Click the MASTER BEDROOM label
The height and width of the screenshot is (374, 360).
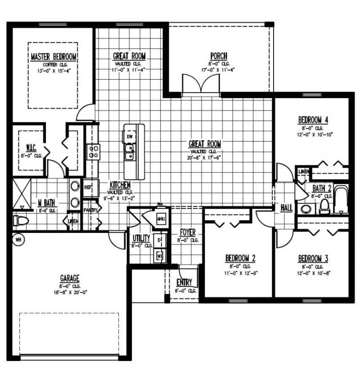click(54, 57)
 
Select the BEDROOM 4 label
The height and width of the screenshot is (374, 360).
click(313, 120)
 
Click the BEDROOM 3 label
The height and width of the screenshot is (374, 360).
click(313, 258)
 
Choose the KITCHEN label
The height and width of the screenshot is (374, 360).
click(120, 185)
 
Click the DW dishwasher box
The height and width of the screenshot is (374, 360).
click(130, 136)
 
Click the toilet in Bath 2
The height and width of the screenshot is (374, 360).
click(324, 206)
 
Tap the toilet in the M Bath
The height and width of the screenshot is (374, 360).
click(20, 220)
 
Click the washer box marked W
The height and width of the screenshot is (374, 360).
click(159, 256)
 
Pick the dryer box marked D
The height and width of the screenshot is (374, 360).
click(159, 241)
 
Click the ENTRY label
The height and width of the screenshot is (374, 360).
click(184, 282)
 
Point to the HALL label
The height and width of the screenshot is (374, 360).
click(286, 208)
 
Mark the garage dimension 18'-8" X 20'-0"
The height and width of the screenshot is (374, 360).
click(70, 292)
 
